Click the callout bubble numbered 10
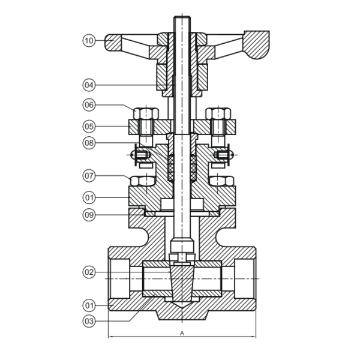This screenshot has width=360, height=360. tap(89, 41)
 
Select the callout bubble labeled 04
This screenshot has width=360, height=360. tap(89, 84)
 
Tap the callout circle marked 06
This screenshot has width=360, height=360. tap(89, 105)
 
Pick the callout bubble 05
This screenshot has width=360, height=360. tap(89, 127)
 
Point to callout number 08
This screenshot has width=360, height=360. tap(89, 143)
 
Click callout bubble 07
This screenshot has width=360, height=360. tap(89, 176)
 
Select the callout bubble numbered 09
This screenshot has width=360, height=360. tap(89, 214)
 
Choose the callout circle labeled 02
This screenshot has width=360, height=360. tap(89, 272)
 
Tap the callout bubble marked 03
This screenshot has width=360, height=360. tap(89, 321)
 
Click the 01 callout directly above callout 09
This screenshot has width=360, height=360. tap(89, 196)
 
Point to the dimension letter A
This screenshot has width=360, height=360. tap(182, 332)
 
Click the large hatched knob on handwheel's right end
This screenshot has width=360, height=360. tap(256, 44)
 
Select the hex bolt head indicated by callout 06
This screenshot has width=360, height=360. tap(144, 113)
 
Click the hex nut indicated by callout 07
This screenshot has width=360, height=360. tap(142, 181)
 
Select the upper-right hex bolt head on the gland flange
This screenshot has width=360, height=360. tap(219, 113)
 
